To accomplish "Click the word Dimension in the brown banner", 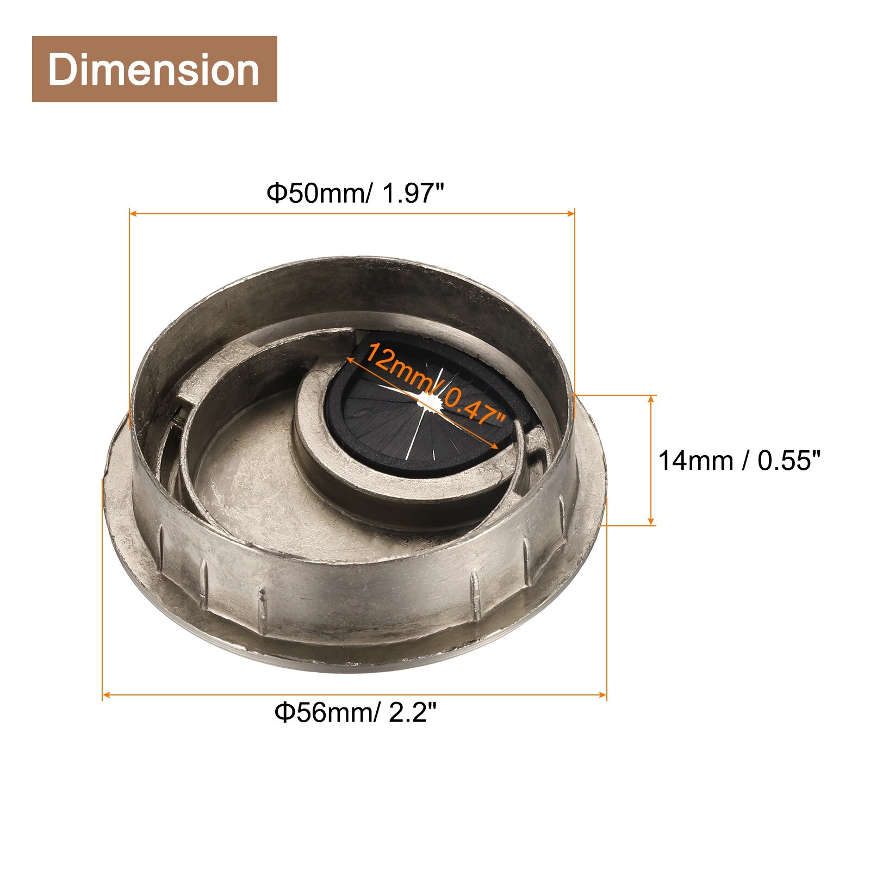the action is [154, 69].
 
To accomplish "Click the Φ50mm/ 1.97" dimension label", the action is [356, 193].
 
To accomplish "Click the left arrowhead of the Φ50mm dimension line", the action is [133, 214].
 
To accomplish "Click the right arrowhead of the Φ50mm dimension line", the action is [571, 214].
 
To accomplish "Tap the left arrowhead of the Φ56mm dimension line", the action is [107, 694].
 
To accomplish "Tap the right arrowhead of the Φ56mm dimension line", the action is [602, 694].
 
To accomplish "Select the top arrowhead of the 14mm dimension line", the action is [651, 400].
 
